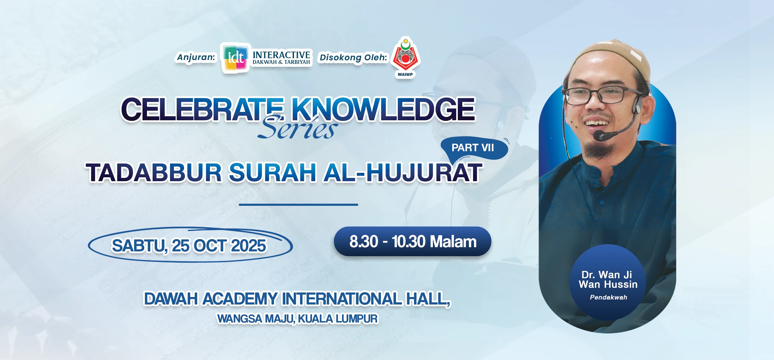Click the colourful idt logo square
(235, 58)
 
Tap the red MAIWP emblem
(405, 57)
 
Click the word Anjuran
(196, 57)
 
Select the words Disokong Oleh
(353, 57)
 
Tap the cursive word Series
(298, 128)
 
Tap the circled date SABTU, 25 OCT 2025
(189, 245)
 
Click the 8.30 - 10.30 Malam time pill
(412, 241)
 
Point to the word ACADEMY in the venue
(240, 299)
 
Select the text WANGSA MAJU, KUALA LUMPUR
(298, 319)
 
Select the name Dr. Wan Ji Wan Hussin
(608, 280)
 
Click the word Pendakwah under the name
(608, 297)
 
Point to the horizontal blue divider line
(298, 205)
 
